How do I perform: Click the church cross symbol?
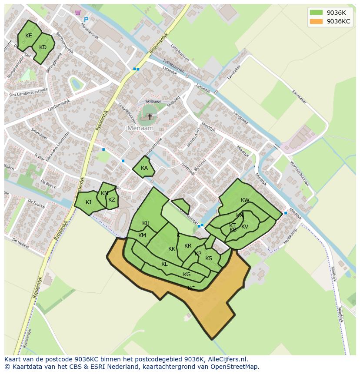point(150,116)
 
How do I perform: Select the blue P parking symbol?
point(86,20)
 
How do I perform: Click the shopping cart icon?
point(78,13)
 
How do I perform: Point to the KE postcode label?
point(29,36)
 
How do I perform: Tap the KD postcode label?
point(43,47)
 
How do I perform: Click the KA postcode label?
point(144,168)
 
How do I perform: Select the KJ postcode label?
point(88,202)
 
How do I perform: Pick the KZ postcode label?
point(112,200)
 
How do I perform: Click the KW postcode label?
point(245,200)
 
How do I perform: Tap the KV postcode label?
point(245,227)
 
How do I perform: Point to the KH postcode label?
point(146,223)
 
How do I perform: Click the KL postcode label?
point(164,264)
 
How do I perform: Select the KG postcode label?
point(187,275)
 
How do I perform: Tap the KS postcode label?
point(209,258)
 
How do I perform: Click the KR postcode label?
point(188,246)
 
